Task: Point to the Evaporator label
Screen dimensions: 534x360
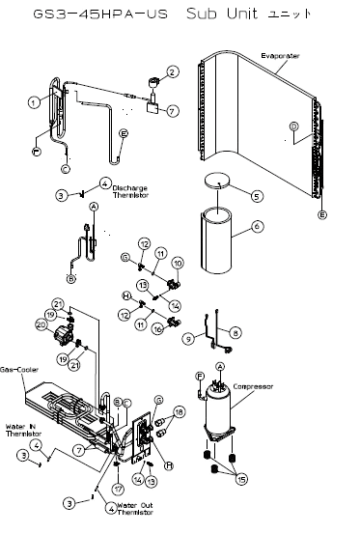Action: (x=279, y=58)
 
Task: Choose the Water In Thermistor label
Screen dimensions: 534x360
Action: (x=21, y=428)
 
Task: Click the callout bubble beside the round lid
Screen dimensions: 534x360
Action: (x=257, y=194)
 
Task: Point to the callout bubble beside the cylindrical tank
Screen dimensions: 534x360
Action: (x=257, y=227)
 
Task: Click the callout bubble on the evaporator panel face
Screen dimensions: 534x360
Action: (x=292, y=126)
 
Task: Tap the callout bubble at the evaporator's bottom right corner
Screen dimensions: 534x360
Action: (x=321, y=212)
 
